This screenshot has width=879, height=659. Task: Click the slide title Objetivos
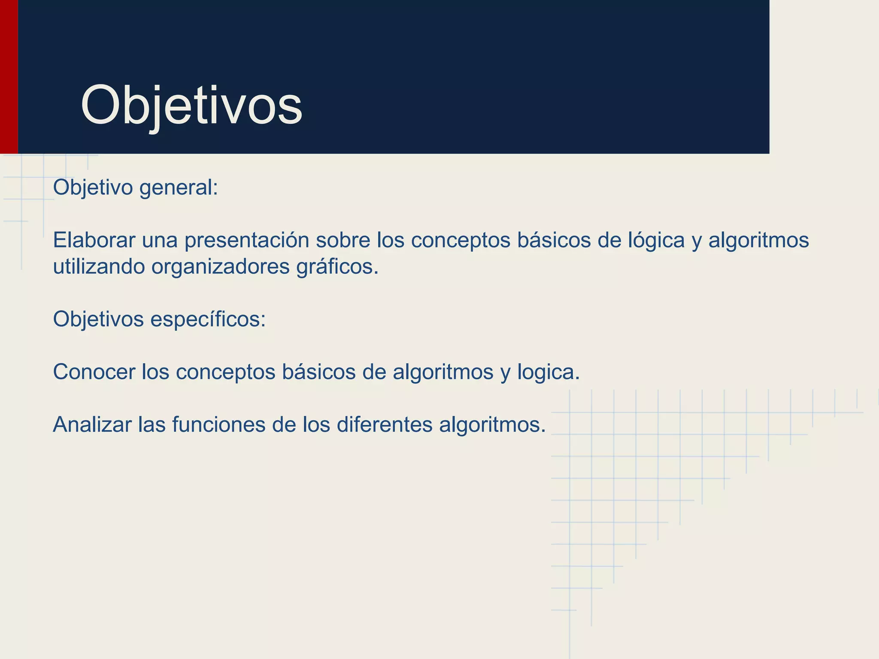tap(191, 106)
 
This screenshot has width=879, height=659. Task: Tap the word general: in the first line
tap(179, 188)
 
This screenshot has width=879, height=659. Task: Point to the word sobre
tap(343, 240)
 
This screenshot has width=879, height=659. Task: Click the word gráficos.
tap(337, 267)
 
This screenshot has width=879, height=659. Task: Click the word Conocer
tap(94, 372)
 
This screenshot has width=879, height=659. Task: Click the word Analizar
tap(92, 425)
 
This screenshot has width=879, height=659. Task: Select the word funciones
tap(218, 425)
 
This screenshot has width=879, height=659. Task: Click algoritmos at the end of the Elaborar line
tap(758, 240)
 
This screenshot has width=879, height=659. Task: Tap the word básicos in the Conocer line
tap(319, 372)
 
